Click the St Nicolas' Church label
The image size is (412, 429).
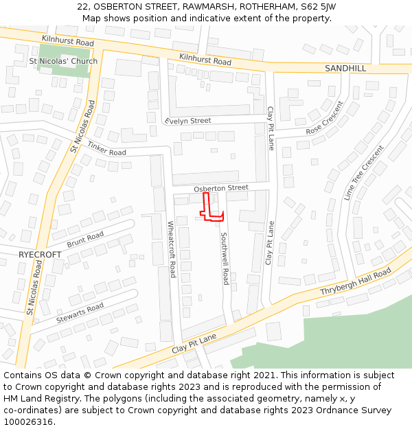63,61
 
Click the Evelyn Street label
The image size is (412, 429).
187,121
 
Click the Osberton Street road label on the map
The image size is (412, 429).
220,187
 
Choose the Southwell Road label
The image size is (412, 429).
224,258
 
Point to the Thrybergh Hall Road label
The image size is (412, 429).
355,282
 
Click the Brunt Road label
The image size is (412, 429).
85,240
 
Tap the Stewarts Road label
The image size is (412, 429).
80,312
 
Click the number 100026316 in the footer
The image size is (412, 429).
30,422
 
